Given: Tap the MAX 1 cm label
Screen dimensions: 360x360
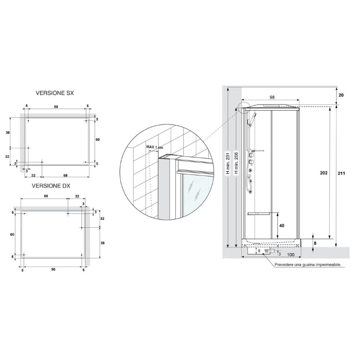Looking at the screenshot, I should (x=154, y=147).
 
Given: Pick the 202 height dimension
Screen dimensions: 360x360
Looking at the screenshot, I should (x=323, y=173).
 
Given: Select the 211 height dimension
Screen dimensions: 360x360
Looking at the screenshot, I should (x=341, y=173).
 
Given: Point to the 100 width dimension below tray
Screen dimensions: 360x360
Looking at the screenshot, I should (x=291, y=255).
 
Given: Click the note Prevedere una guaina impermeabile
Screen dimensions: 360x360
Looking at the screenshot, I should (x=308, y=265).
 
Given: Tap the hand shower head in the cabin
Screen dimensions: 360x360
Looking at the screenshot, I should (x=249, y=121).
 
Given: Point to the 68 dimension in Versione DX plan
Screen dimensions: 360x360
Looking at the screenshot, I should (x=46, y=196).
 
